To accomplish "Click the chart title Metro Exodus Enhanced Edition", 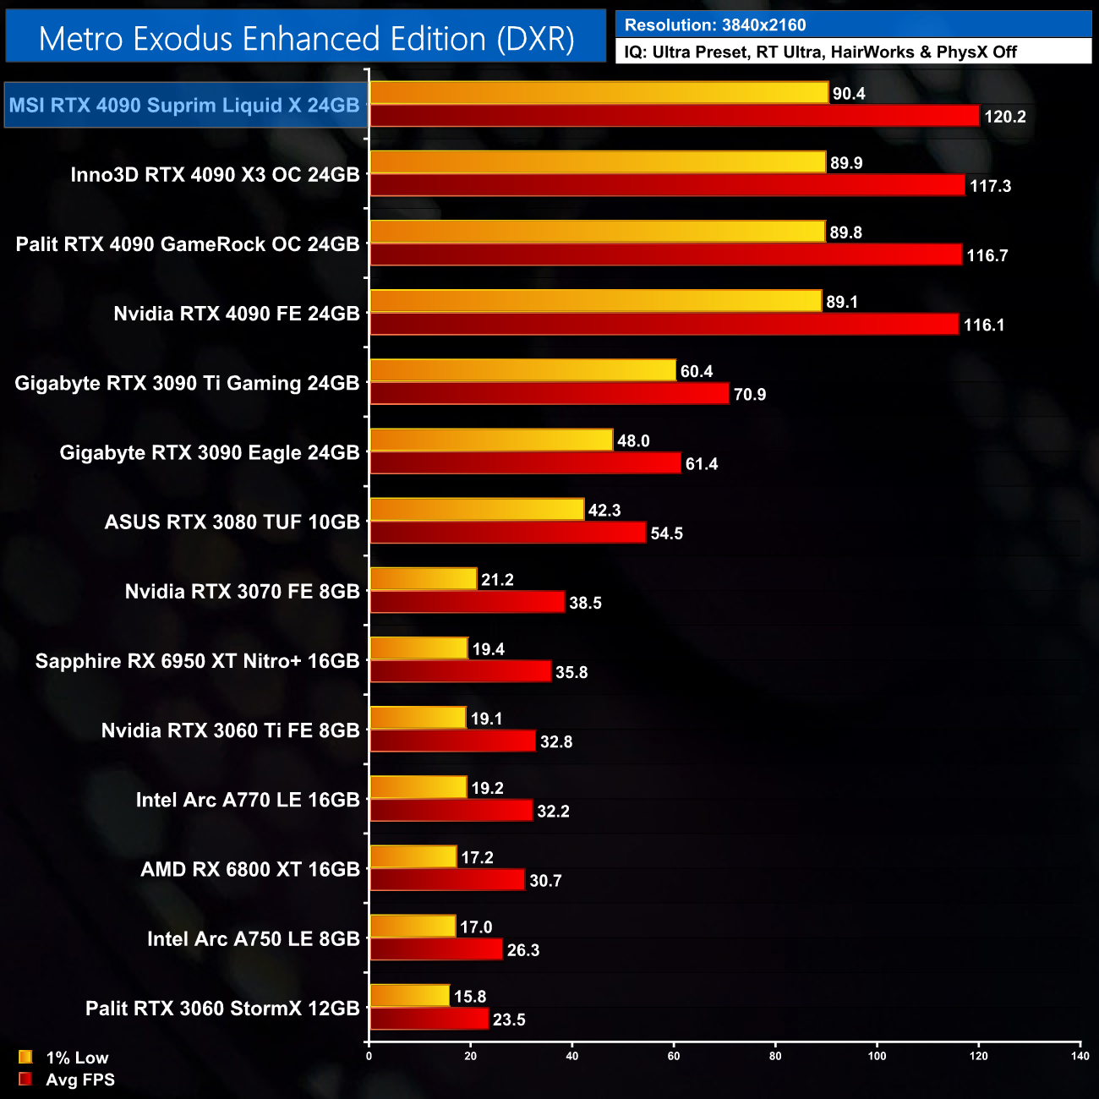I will (306, 39).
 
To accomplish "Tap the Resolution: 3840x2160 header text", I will (715, 25).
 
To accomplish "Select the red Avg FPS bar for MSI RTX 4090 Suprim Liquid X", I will (675, 116).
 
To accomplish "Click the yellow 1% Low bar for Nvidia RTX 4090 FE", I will (595, 301).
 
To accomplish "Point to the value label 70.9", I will (750, 395).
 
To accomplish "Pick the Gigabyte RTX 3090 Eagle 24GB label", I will (210, 453).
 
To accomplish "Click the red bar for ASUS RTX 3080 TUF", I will (508, 533).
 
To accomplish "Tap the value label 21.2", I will (497, 580).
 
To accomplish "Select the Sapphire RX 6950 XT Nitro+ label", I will (198, 661).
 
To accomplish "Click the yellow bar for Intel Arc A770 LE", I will (418, 787).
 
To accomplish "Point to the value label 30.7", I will (545, 881).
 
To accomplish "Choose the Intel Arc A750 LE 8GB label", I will (254, 939).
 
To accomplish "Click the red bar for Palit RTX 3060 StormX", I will (429, 1019).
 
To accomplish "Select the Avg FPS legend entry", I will (68, 1080).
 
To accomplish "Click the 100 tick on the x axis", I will (877, 1056).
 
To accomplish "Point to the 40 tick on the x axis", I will (572, 1056).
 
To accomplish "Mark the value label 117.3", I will (990, 186).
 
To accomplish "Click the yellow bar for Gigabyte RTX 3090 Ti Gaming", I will (522, 370).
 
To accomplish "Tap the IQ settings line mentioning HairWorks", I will (820, 52).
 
